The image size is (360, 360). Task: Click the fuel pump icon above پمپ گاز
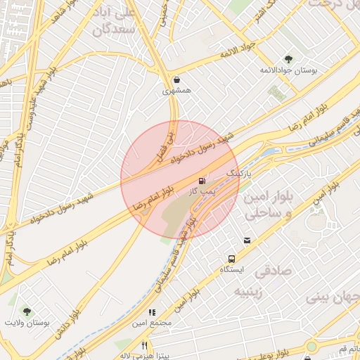(x=203, y=181)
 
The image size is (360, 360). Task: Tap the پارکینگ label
(x=238, y=172)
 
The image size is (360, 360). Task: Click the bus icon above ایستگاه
(x=231, y=259)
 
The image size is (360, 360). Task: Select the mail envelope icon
(x=247, y=240)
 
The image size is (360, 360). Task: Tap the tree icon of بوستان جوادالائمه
(x=288, y=59)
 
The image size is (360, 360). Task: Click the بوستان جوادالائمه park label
(x=289, y=70)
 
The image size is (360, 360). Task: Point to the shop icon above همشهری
(x=175, y=80)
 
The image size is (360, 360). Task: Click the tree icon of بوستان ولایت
(x=27, y=311)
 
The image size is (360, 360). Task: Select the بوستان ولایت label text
(x=31, y=323)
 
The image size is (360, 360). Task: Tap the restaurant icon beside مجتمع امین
(x=151, y=312)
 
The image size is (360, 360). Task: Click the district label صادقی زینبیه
(x=252, y=281)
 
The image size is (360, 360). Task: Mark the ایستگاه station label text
(x=231, y=270)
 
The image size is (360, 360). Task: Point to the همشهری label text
(x=176, y=91)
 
